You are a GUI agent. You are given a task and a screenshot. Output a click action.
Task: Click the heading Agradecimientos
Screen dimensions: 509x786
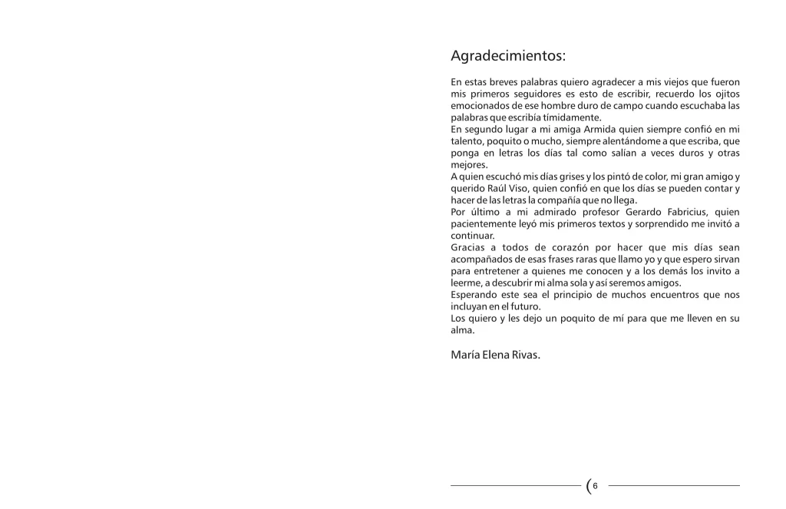[508, 56]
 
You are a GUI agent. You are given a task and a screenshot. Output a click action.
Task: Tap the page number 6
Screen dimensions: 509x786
[595, 485]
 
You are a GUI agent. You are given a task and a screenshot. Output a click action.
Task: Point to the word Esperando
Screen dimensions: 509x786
[476, 295]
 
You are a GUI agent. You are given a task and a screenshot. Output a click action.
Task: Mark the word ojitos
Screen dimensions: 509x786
[725, 94]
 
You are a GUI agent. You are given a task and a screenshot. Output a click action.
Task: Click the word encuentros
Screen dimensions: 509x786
[667, 295]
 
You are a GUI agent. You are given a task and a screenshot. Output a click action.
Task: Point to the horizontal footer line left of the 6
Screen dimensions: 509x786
[515, 485]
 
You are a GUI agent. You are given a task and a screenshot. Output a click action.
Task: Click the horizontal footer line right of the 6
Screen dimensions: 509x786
[674, 485]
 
